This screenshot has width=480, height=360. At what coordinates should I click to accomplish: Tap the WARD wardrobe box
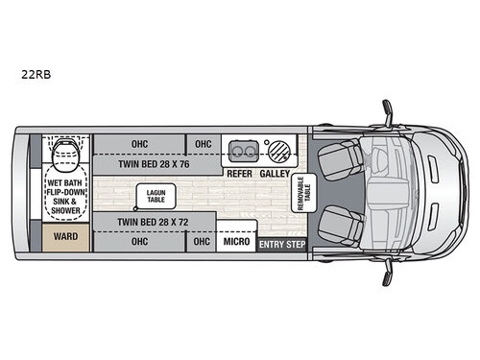click(x=64, y=234)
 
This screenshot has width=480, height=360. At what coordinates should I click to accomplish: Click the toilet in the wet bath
click(x=65, y=151)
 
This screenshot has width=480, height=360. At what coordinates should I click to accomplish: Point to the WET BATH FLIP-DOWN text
click(x=65, y=186)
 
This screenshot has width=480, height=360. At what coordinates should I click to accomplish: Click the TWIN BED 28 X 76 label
click(x=154, y=163)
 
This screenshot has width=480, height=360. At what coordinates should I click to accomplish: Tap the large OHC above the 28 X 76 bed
click(x=138, y=144)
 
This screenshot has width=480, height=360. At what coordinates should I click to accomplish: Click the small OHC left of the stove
click(x=203, y=144)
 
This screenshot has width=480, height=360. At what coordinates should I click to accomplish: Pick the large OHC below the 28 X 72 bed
click(x=138, y=241)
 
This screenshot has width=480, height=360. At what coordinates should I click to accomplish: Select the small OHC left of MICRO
click(x=201, y=241)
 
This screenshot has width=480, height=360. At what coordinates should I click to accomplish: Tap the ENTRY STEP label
click(x=281, y=246)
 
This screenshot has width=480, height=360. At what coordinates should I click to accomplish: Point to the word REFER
click(x=240, y=174)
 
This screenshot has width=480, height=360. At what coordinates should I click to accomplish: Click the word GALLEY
click(x=276, y=174)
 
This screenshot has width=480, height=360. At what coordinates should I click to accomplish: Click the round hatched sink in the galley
click(x=277, y=151)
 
